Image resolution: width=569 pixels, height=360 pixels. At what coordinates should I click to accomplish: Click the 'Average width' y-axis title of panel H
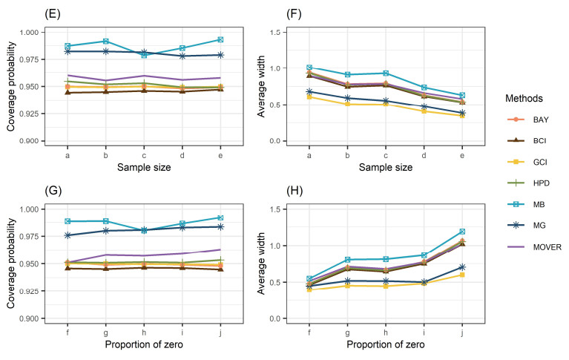[280, 266]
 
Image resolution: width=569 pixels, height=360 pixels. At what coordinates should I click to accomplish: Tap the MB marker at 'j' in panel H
[462, 232]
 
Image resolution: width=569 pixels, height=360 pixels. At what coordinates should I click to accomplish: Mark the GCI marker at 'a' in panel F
[308, 97]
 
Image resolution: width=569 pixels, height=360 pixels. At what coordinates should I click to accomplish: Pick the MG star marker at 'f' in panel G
[67, 235]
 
